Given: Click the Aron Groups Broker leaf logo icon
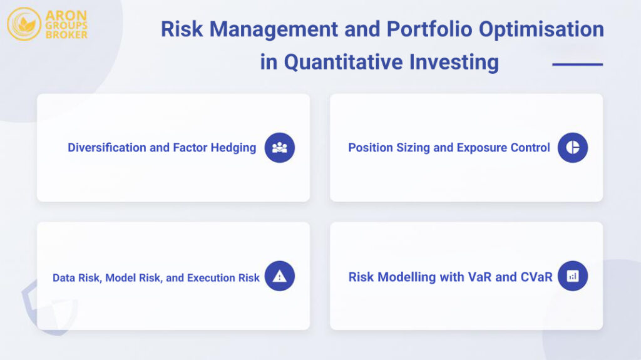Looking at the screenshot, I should point(24,24).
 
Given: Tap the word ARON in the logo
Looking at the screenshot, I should point(66,15).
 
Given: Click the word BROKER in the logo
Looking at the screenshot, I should point(66,34).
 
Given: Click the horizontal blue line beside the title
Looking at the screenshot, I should point(577,64).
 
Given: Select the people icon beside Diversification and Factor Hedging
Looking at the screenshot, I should point(279,148).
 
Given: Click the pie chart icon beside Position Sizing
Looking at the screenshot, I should point(572,148).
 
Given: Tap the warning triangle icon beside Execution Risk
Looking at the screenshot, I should point(279,276).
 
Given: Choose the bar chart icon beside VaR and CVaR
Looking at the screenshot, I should point(572,276).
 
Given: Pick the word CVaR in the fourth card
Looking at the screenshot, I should point(536,277).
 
